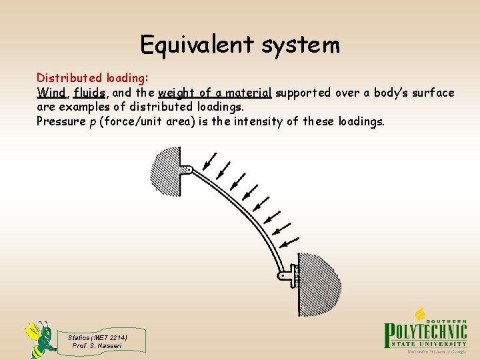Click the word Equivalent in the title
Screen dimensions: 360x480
tap(197, 45)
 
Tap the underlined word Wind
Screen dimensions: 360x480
tap(51, 93)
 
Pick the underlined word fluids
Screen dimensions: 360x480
tap(89, 93)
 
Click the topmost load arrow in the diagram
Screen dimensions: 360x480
tap(210, 161)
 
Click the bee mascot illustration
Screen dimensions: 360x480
tap(41, 339)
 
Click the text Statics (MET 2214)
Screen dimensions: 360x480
tap(97, 337)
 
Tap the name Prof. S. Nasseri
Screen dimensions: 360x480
tap(97, 345)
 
